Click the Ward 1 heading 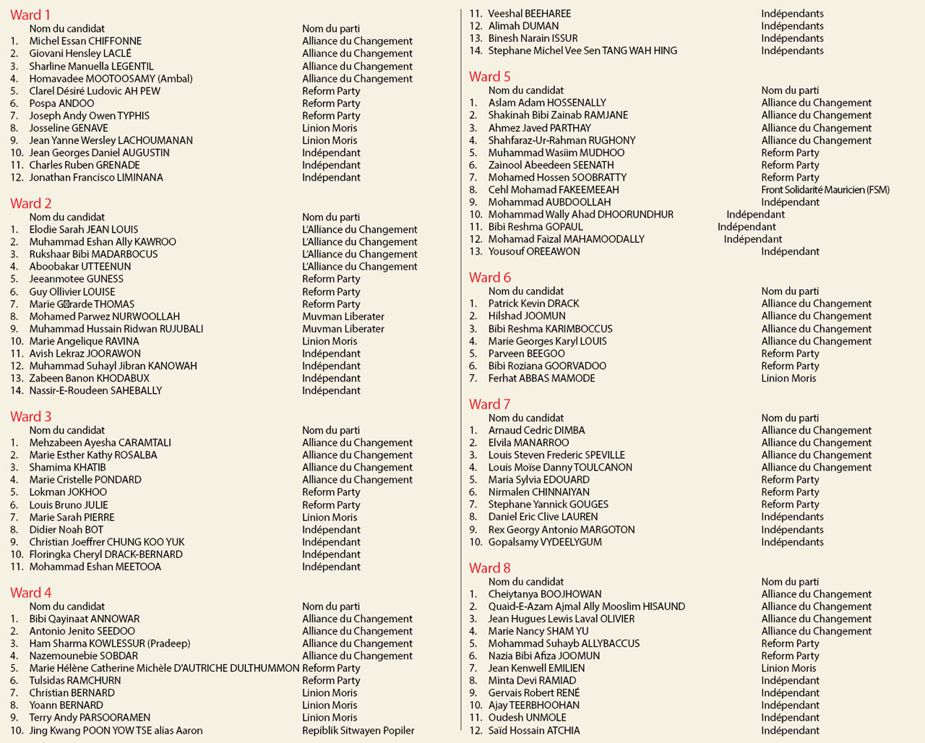click(30, 15)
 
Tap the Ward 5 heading click(489, 77)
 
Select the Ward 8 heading click(489, 568)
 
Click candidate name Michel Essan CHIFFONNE click(85, 41)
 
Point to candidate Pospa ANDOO click(61, 103)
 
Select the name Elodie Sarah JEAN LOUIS click(83, 230)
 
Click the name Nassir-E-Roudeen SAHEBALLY click(95, 391)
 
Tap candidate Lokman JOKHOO click(68, 492)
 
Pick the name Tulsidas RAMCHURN click(75, 681)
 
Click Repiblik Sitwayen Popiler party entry click(358, 731)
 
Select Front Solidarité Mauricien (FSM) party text click(825, 190)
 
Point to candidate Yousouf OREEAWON click(534, 252)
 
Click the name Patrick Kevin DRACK click(533, 304)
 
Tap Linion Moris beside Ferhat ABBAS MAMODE click(788, 379)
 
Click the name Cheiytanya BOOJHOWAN click(544, 594)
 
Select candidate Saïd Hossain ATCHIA click(533, 731)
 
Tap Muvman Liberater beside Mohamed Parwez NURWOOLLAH click(343, 317)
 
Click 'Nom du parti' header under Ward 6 click(790, 291)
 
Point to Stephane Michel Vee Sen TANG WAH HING click(582, 51)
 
